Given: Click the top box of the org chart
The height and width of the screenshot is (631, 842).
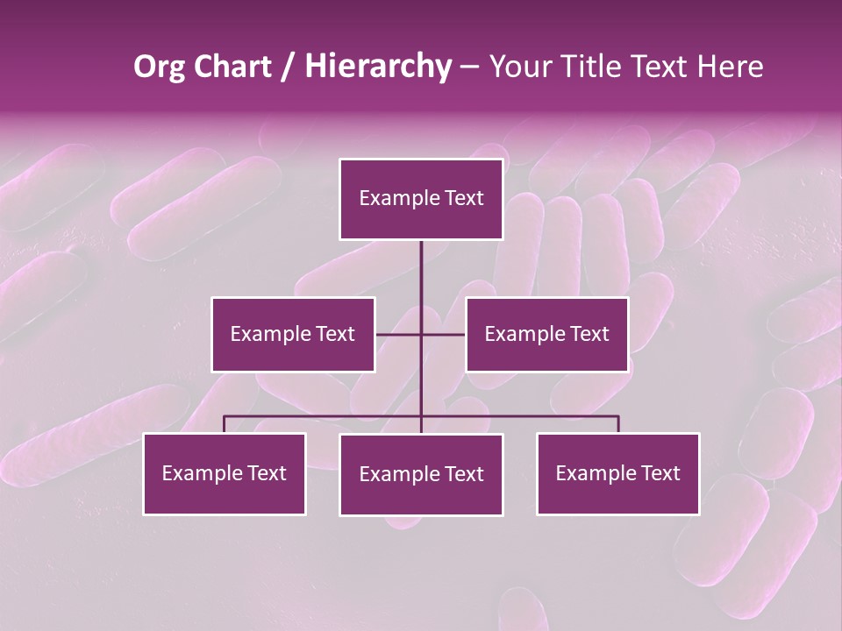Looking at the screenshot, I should click(x=421, y=199).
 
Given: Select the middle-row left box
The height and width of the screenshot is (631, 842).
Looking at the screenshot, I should click(x=293, y=334).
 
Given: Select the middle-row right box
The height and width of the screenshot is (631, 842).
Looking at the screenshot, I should click(x=547, y=334).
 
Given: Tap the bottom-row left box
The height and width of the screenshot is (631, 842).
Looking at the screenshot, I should click(x=225, y=473).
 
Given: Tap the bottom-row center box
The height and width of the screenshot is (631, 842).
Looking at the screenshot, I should click(x=421, y=474).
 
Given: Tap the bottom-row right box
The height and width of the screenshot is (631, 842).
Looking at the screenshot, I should click(x=618, y=473).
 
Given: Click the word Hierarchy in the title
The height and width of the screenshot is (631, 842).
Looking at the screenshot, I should click(x=377, y=67).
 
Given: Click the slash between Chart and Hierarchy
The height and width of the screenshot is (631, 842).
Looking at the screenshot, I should click(x=288, y=67).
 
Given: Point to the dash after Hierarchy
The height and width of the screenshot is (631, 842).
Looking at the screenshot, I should click(x=469, y=67).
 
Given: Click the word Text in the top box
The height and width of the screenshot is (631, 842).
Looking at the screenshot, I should click(x=464, y=198).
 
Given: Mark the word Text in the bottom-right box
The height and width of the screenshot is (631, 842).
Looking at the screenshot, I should click(x=660, y=473).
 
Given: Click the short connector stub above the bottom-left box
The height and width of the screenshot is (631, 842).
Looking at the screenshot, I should click(x=225, y=424).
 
